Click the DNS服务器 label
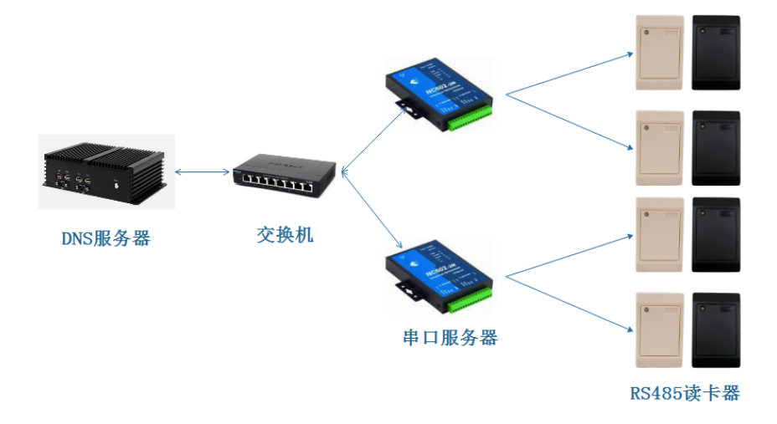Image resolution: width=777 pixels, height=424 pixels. click(x=105, y=238)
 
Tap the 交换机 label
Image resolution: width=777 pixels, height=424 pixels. click(x=285, y=234)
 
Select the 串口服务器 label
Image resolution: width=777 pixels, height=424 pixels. click(x=450, y=338)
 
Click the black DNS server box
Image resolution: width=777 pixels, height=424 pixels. click(x=105, y=171)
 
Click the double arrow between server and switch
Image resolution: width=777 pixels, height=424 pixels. click(x=202, y=172)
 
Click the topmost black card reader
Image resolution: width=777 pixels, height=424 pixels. click(x=716, y=52)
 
